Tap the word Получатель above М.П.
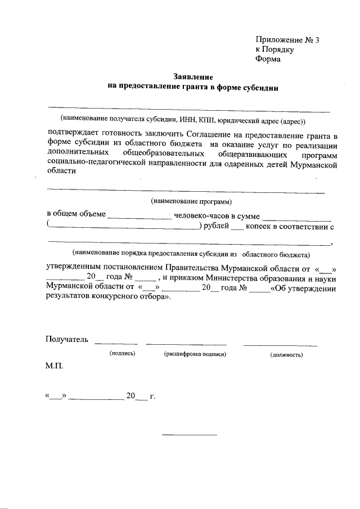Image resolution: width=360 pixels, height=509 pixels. tap(67, 339)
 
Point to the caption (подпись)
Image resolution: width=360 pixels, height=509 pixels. tap(123, 355)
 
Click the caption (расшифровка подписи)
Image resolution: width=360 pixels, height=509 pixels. tap(195, 355)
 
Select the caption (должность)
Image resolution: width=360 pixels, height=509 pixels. tap(286, 355)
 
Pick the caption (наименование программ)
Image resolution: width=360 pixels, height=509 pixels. tap(192, 201)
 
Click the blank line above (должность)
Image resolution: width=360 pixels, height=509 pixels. tap(280, 344)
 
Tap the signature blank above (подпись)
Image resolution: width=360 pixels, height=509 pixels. tap(116, 343)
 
